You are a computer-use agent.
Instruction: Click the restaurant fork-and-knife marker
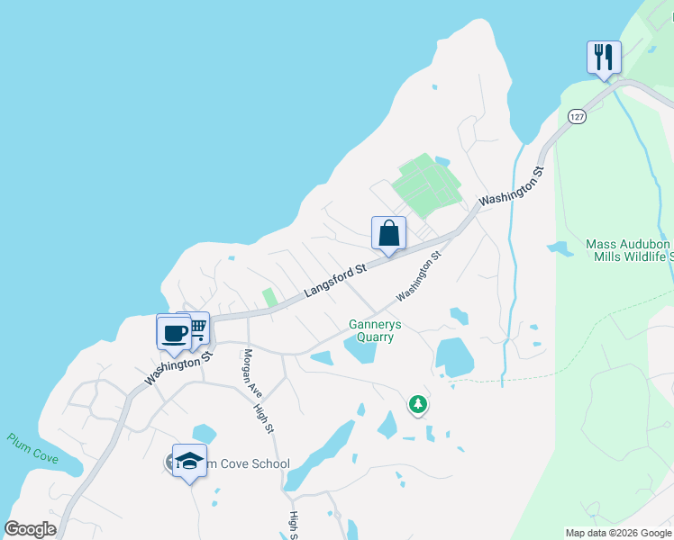[x=603, y=57]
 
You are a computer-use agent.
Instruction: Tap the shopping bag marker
[x=388, y=233]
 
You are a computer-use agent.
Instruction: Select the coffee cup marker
[x=174, y=332]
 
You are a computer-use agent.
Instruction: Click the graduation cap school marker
[x=189, y=462]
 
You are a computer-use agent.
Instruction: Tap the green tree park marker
[x=417, y=405]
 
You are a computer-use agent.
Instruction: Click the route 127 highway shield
[x=578, y=115]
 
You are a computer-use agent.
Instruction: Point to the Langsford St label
[x=335, y=280]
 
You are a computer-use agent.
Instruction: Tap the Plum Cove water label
[x=32, y=449]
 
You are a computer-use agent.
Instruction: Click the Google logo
[x=30, y=529]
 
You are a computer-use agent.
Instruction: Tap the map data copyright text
[x=618, y=533]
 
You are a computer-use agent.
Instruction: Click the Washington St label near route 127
[x=513, y=186]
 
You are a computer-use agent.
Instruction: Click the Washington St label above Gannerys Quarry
[x=420, y=276]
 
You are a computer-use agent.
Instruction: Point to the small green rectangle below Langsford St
[x=269, y=297]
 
